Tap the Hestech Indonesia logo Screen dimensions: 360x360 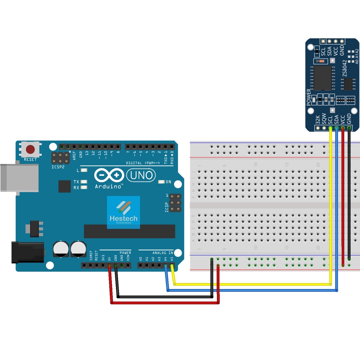pyautogui.click(x=123, y=212)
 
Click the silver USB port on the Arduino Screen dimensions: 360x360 pyautogui.click(x=19, y=178)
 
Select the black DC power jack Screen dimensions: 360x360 pyautogui.click(x=27, y=252)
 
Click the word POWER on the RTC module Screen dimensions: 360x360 pyautogui.click(x=309, y=97)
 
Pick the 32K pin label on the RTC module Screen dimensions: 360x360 pyautogui.click(x=318, y=120)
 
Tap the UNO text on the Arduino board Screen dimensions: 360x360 pyautogui.click(x=140, y=175)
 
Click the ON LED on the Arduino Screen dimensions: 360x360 pyautogui.click(x=161, y=182)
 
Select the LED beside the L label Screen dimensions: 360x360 pyautogui.click(x=84, y=171)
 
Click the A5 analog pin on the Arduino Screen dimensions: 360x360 pyautogui.click(x=172, y=265)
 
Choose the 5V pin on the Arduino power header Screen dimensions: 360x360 pyautogui.click(x=109, y=265)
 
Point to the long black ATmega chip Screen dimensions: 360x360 pyautogui.click(x=129, y=231)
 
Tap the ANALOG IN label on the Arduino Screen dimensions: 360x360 pyautogui.click(x=162, y=253)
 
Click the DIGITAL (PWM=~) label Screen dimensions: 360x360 pyautogui.click(x=143, y=163)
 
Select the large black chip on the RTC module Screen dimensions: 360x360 pyautogui.click(x=323, y=78)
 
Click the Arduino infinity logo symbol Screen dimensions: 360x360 pyautogui.click(x=109, y=175)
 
